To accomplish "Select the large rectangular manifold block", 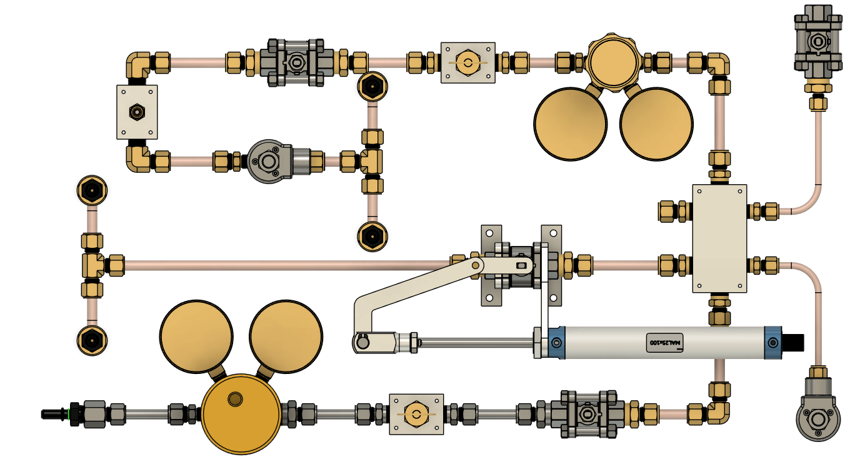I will point(719,238).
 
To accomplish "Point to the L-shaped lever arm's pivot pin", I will point(476,266).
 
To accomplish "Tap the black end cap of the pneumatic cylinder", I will point(794,343).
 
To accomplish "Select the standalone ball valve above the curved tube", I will point(816,42).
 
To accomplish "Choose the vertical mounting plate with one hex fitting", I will point(137,112).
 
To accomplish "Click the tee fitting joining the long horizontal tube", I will point(92,265).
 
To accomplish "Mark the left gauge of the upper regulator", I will point(571,123).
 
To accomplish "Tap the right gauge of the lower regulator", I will point(286,337).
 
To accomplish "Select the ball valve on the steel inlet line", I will point(587,413).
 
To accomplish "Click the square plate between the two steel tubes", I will point(416,414).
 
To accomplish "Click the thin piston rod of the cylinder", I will point(475,342).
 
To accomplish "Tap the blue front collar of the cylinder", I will point(556,343).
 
